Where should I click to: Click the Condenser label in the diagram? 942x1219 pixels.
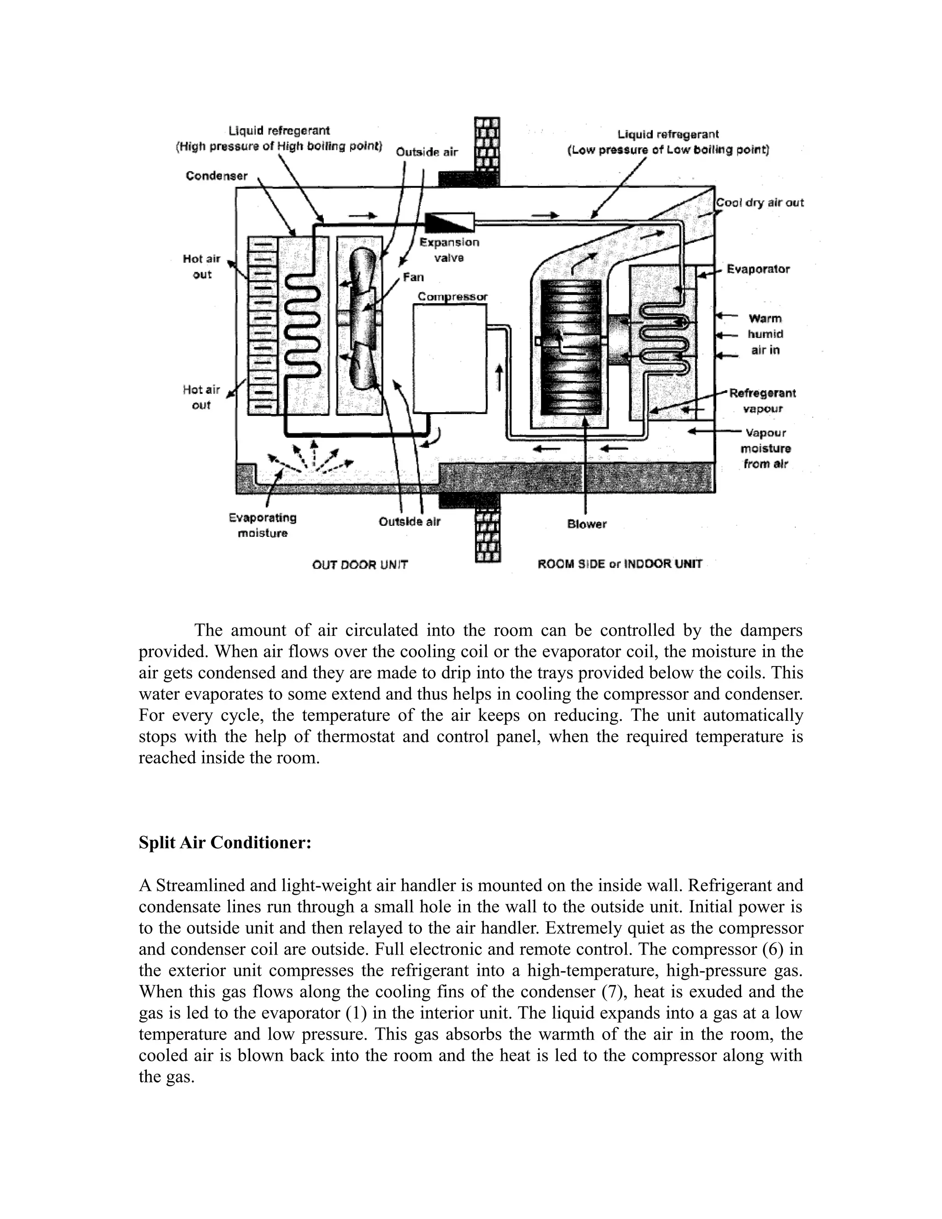[x=217, y=176]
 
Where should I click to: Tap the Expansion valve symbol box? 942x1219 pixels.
[x=449, y=222]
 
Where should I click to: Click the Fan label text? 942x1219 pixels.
[x=413, y=277]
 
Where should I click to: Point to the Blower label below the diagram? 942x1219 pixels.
[x=586, y=524]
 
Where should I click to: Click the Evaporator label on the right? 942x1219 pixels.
[x=758, y=270]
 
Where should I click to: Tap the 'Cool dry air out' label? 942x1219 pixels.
[x=759, y=202]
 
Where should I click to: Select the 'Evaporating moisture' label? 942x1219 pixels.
[x=262, y=525]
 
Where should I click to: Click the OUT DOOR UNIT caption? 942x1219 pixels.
[x=360, y=565]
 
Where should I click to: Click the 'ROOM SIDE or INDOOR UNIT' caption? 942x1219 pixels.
[x=620, y=564]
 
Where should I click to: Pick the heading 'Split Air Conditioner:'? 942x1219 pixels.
[x=225, y=842]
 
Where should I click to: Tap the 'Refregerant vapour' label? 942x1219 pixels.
[x=762, y=401]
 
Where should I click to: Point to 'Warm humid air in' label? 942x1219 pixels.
[x=765, y=334]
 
